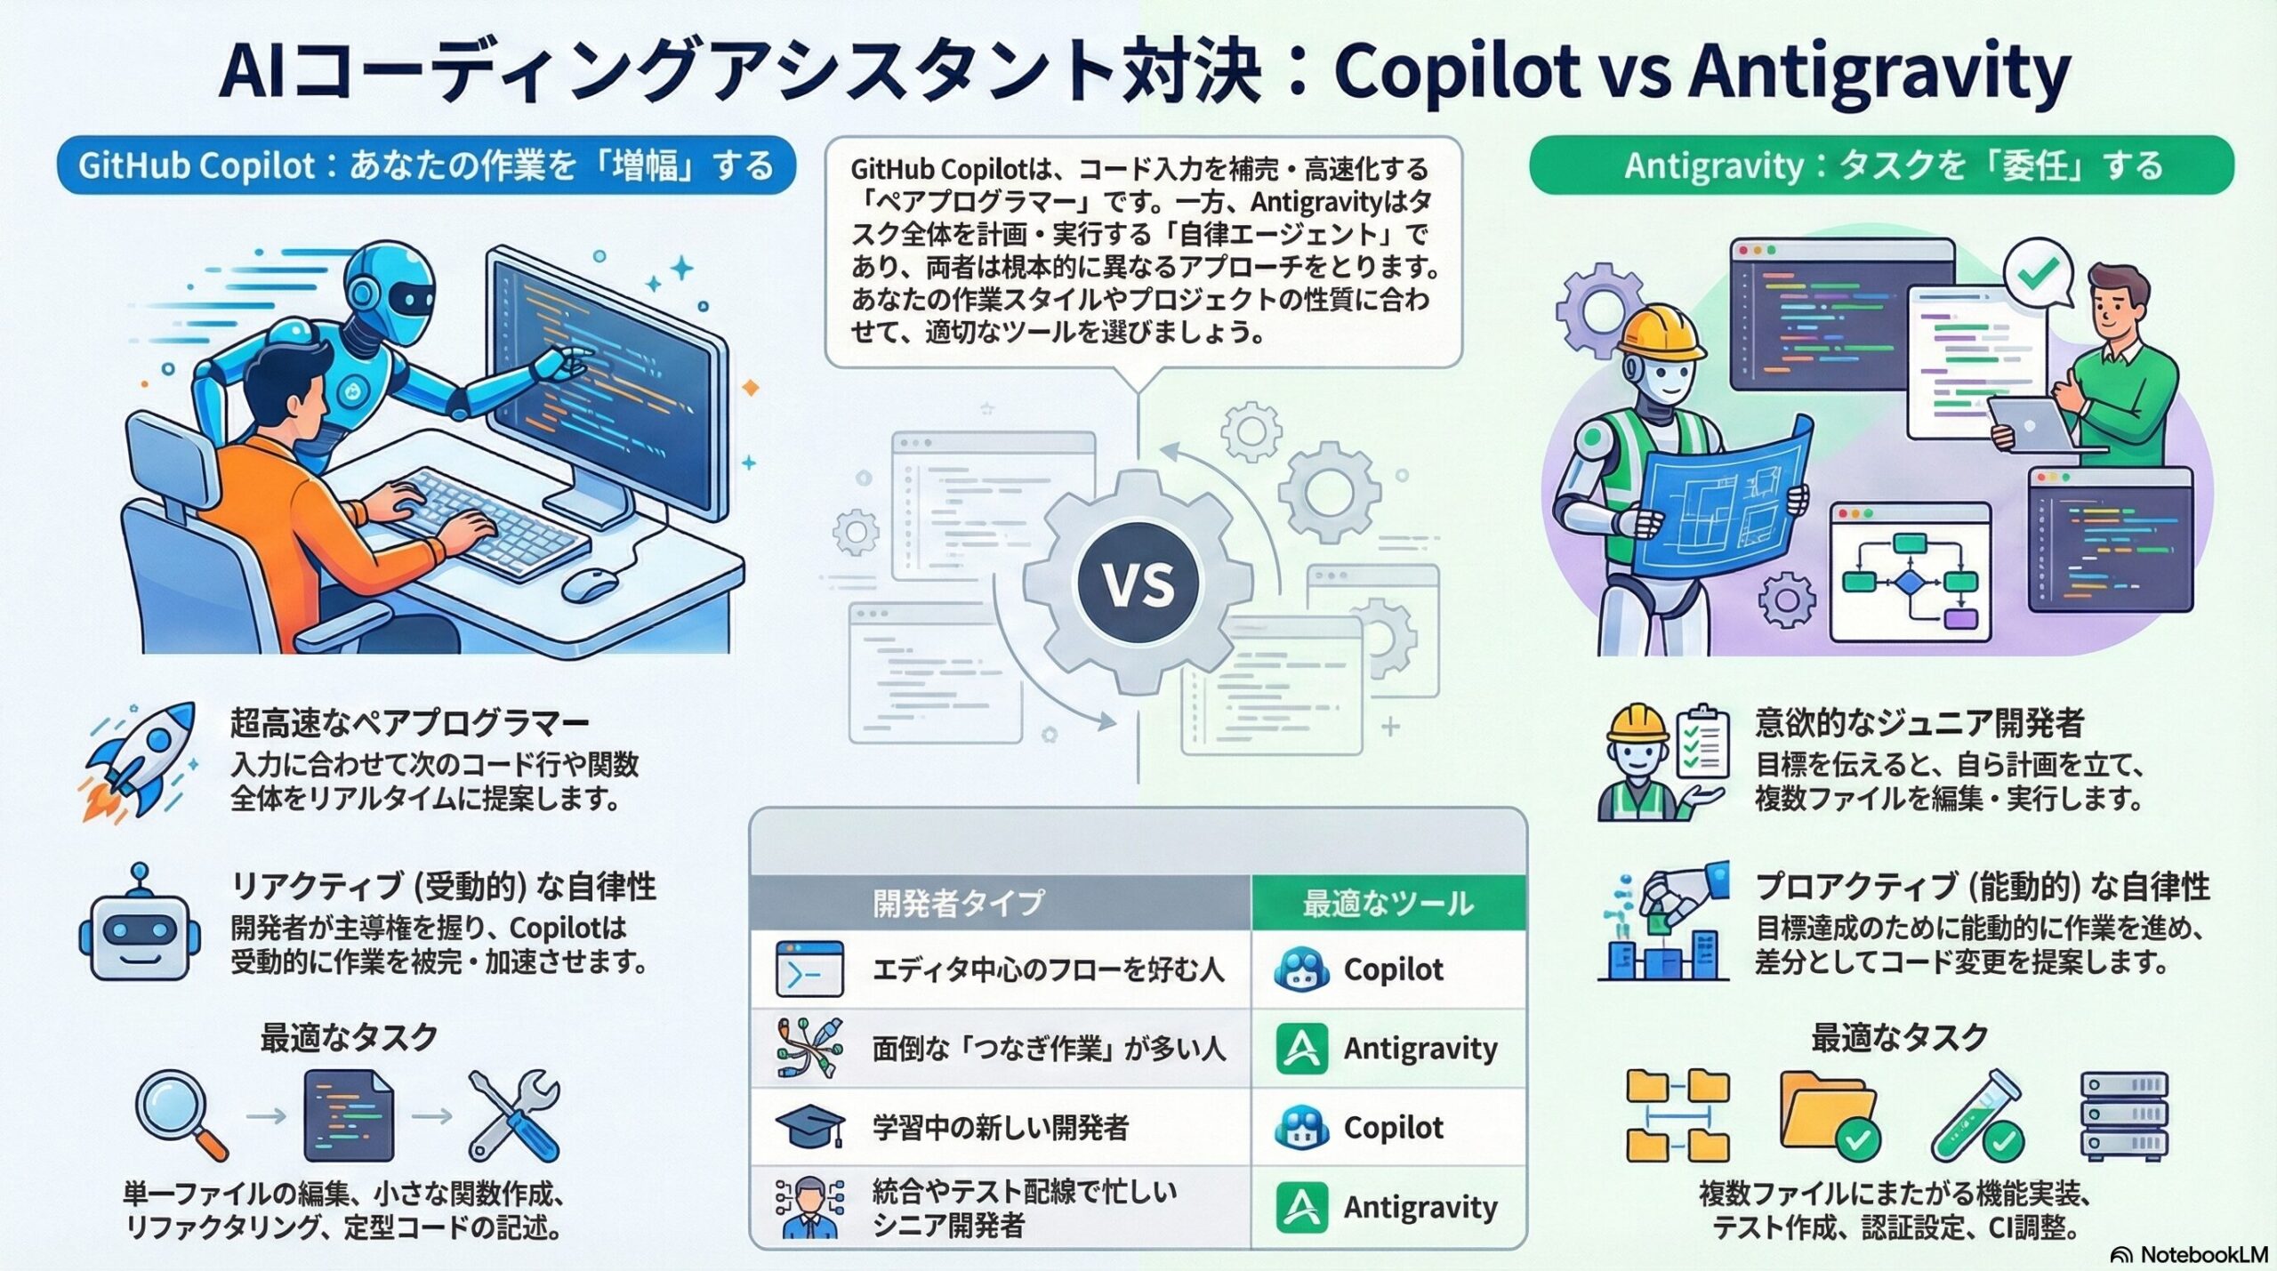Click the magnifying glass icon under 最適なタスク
click(181, 1114)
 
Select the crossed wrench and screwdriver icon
click(514, 1115)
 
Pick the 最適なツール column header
click(1388, 903)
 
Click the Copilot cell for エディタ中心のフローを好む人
click(1388, 969)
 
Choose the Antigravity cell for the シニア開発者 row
click(1388, 1207)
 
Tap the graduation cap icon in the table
click(809, 1127)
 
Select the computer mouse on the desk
click(591, 583)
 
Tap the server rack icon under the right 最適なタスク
click(2124, 1115)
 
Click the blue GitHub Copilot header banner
click(426, 165)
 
